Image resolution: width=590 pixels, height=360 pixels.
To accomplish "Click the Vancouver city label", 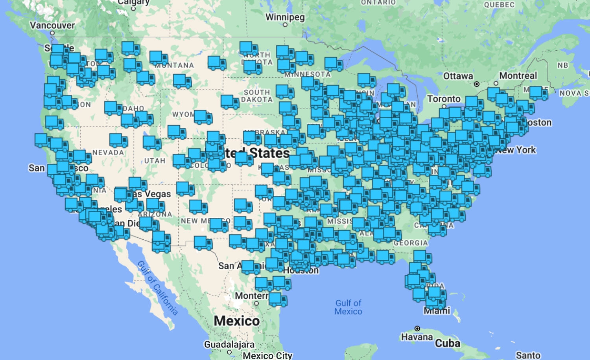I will [x=52, y=26].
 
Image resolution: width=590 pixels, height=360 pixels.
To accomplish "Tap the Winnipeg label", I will [x=285, y=17].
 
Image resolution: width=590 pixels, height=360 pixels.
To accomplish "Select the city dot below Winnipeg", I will [x=285, y=25].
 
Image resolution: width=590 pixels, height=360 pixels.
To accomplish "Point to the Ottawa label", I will [x=458, y=76].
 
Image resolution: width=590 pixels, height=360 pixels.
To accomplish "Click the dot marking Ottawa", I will [x=477, y=84].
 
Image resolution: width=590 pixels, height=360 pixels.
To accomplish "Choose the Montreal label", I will [x=518, y=75].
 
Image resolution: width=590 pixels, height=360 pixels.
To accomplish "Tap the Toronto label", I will [x=444, y=99].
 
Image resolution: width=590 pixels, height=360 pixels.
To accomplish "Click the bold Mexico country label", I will [x=236, y=321].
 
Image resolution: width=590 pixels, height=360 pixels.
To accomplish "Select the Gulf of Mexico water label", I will [x=348, y=307].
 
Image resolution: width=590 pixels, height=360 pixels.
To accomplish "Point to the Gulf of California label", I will [x=158, y=288].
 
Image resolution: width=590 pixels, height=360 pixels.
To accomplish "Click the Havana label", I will [x=417, y=337].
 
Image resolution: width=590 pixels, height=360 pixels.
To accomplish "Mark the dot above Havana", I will [x=417, y=329].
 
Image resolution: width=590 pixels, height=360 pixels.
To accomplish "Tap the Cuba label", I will [x=447, y=343].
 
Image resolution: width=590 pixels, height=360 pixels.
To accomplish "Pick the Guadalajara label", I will [x=229, y=345].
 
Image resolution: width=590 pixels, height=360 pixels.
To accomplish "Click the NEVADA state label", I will [x=108, y=152].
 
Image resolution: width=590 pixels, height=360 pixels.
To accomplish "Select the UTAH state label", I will [x=155, y=161].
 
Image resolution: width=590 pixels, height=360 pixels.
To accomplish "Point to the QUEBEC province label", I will [x=499, y=5].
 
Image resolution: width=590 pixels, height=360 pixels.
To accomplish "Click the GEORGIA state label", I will [x=411, y=243].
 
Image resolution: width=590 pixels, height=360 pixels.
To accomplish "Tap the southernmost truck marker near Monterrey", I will [x=278, y=299].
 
